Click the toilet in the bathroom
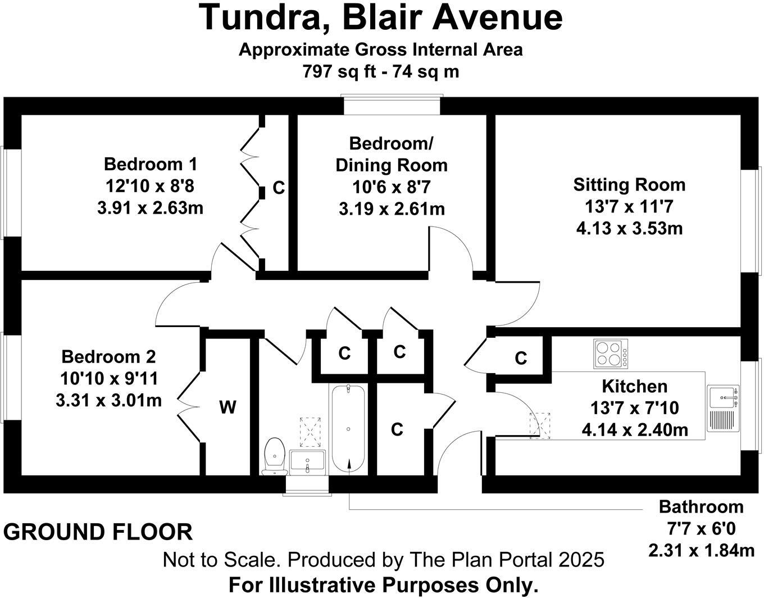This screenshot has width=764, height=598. pos(275,455)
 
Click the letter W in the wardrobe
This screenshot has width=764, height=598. pos(228,407)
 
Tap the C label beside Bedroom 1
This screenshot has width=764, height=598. pos(279,188)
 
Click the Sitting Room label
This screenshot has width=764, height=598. pos(629,184)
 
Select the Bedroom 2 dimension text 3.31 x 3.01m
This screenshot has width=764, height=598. pos(109,400)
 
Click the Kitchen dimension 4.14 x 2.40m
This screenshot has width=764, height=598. pos(635,430)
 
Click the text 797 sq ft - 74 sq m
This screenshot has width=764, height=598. pos(381,72)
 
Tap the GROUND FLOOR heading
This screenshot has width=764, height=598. pos(98,532)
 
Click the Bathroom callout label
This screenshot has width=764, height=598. pos(701,507)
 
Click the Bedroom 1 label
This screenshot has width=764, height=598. pos(151,164)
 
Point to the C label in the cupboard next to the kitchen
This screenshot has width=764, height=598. pos(521,358)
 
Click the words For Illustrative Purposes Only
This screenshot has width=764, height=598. pos(383,585)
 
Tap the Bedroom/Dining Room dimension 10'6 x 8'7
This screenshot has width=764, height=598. pos(392,187)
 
